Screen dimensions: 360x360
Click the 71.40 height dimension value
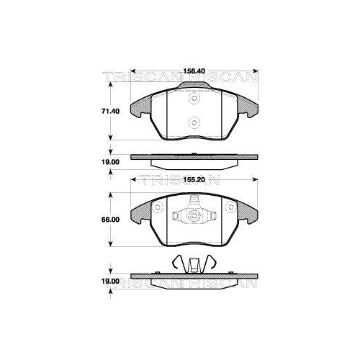click(x=109, y=112)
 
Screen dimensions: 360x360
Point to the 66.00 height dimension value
click(x=109, y=220)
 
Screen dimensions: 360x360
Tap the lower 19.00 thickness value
click(x=109, y=283)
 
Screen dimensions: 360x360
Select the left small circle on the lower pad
click(x=154, y=209)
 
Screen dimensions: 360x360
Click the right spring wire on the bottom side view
click(x=208, y=264)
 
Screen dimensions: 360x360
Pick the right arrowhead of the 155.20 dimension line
click(x=252, y=189)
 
